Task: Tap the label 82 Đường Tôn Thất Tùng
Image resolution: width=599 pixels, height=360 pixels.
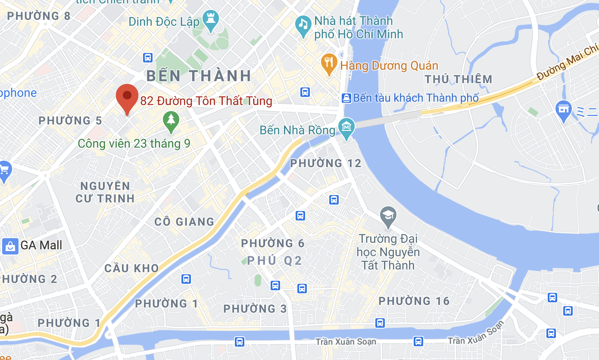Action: click(x=206, y=101)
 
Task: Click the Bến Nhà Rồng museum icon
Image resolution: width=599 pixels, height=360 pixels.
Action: click(x=346, y=127)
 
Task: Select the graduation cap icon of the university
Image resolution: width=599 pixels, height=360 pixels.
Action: click(x=388, y=216)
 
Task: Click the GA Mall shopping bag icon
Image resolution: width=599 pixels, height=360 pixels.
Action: click(x=10, y=246)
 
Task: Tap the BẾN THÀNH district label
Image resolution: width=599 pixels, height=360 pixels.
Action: click(x=199, y=76)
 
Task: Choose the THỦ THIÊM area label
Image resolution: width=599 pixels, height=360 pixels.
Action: click(x=459, y=79)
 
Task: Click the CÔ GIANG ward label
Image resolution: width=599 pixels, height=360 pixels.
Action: click(x=184, y=222)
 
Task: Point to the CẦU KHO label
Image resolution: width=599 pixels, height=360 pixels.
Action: click(x=132, y=268)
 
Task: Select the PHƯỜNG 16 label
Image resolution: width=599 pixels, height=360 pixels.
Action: click(x=414, y=301)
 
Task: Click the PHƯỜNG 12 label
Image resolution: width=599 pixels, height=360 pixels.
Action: click(x=326, y=163)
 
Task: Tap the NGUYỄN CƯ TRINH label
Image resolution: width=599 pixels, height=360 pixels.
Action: click(x=105, y=192)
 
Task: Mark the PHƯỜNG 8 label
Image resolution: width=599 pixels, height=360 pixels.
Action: click(x=39, y=16)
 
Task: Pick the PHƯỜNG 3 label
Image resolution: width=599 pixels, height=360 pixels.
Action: click(x=255, y=309)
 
